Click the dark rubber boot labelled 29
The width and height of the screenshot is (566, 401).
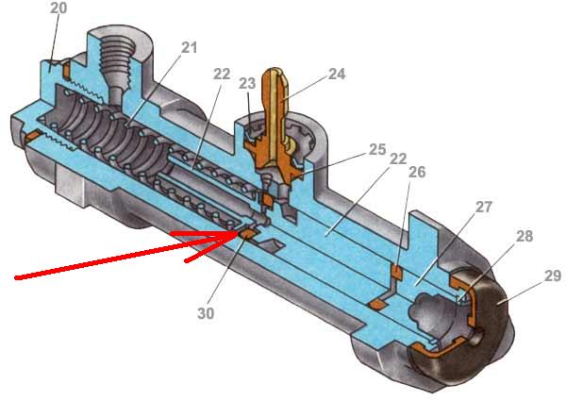pos(491,321)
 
